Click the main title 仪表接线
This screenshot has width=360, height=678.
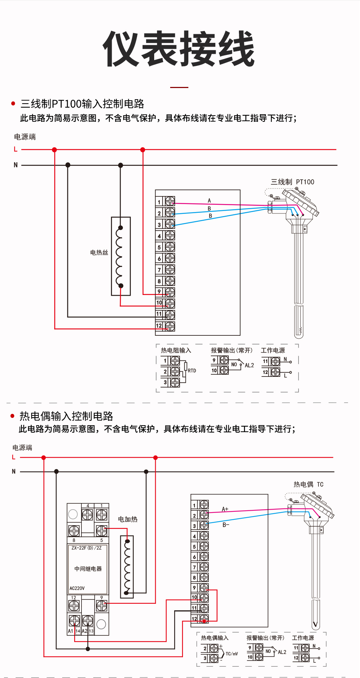click(179, 49)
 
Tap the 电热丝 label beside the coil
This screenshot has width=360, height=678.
click(99, 252)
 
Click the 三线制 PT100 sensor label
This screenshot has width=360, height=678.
click(292, 182)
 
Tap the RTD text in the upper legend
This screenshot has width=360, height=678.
click(192, 371)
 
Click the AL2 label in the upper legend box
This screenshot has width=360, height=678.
click(249, 365)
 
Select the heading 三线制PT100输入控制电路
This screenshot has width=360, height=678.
click(82, 104)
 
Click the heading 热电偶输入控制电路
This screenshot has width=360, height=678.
click(66, 416)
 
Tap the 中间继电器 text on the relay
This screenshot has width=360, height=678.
click(88, 569)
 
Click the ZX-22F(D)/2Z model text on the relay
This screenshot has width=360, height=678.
click(87, 548)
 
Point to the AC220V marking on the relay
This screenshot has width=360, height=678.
click(77, 588)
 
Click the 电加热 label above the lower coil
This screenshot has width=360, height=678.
click(128, 519)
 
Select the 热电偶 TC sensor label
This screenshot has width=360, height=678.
click(308, 484)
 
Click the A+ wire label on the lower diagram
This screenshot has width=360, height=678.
click(225, 509)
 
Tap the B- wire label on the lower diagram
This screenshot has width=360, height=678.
click(226, 525)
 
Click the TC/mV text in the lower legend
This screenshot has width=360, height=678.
click(232, 654)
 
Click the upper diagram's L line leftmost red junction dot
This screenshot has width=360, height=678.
click(55, 150)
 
